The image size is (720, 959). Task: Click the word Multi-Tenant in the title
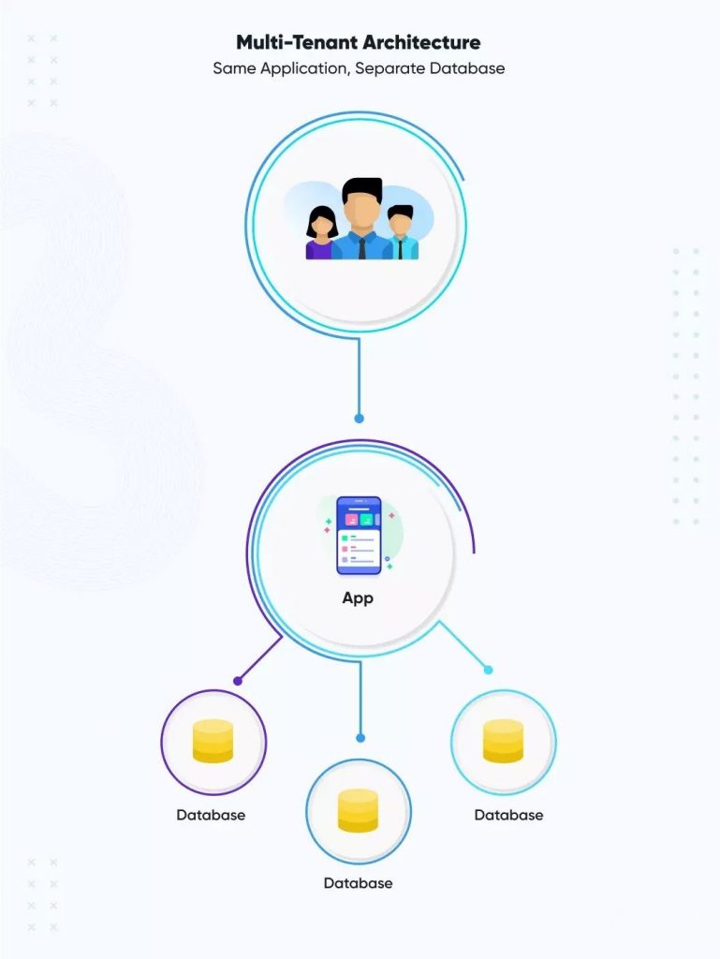[x=297, y=42]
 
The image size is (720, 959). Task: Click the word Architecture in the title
[x=421, y=42]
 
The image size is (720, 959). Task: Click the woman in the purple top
[x=321, y=233]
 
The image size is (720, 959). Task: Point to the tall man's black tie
[x=362, y=248]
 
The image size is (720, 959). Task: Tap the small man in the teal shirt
[x=401, y=232]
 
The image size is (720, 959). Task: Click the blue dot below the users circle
[x=359, y=419]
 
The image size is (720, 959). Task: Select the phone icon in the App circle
[x=359, y=536]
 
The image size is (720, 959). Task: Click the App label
[x=358, y=598]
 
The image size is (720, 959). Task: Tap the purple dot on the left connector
[x=238, y=681]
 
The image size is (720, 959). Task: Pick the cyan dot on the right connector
[x=488, y=670]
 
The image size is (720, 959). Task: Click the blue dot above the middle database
[x=360, y=738]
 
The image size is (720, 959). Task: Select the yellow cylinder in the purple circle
[x=213, y=742]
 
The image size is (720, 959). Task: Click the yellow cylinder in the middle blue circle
[x=359, y=810]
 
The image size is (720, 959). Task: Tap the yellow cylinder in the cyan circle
[x=503, y=742]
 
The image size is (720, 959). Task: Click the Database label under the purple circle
[x=211, y=815]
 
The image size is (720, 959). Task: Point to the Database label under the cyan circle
[x=508, y=815]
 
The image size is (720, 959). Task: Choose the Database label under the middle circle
[x=359, y=883]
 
